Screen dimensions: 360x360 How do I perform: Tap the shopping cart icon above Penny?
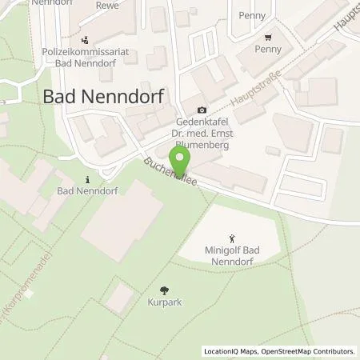[x=269, y=37]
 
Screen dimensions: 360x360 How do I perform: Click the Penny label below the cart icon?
[x=269, y=50]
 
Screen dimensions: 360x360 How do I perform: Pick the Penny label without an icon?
[x=251, y=15]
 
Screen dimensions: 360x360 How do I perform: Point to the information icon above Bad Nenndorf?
[x=88, y=179]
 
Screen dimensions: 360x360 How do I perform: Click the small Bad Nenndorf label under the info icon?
[x=88, y=193]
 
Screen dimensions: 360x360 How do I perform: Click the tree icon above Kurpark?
[x=164, y=290]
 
